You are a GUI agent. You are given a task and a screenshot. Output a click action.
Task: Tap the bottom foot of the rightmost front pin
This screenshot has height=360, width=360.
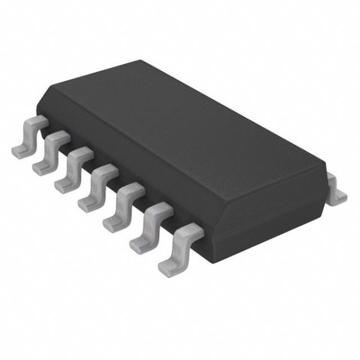(167, 264)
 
